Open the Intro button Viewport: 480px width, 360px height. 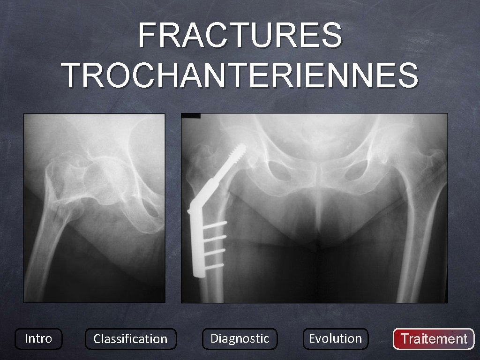(38, 338)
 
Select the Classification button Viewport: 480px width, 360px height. (130, 339)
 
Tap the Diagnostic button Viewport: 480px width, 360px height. (240, 338)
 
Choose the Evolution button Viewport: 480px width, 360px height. (335, 338)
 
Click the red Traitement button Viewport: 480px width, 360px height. (434, 339)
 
